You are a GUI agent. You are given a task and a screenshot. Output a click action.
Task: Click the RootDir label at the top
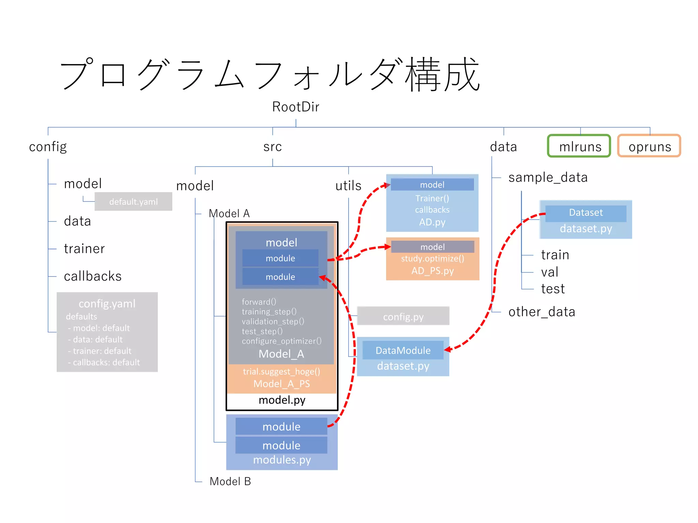[295, 107]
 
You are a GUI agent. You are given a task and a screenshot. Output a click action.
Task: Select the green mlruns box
[579, 146]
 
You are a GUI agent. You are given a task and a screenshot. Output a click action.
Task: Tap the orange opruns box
[649, 146]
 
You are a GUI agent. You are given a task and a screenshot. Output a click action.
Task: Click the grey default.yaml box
[133, 202]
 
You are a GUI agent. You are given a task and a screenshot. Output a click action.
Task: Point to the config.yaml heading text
[107, 303]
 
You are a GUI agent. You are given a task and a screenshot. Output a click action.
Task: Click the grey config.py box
[403, 317]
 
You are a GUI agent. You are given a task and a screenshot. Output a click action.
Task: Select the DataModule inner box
[403, 350]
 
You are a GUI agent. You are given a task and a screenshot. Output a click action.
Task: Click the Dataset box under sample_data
[586, 213]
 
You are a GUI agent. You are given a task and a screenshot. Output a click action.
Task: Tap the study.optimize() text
[432, 258]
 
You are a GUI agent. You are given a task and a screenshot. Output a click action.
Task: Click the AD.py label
[432, 222]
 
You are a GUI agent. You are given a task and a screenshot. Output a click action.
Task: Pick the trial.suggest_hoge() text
[282, 371]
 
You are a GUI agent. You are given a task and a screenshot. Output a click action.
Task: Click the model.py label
[282, 400]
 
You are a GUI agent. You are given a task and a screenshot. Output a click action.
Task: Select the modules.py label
[282, 460]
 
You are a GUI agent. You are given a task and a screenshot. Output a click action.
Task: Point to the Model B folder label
[230, 481]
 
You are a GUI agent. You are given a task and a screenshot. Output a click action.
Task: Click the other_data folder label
[541, 312]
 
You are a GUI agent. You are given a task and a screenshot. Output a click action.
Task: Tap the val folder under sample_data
[549, 272]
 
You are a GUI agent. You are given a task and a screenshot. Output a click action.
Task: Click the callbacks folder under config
[92, 276]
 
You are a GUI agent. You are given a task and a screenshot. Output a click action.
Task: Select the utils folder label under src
[348, 186]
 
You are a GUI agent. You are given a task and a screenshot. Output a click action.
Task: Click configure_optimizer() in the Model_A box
[282, 341]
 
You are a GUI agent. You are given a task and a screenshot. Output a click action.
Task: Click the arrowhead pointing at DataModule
[447, 349]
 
